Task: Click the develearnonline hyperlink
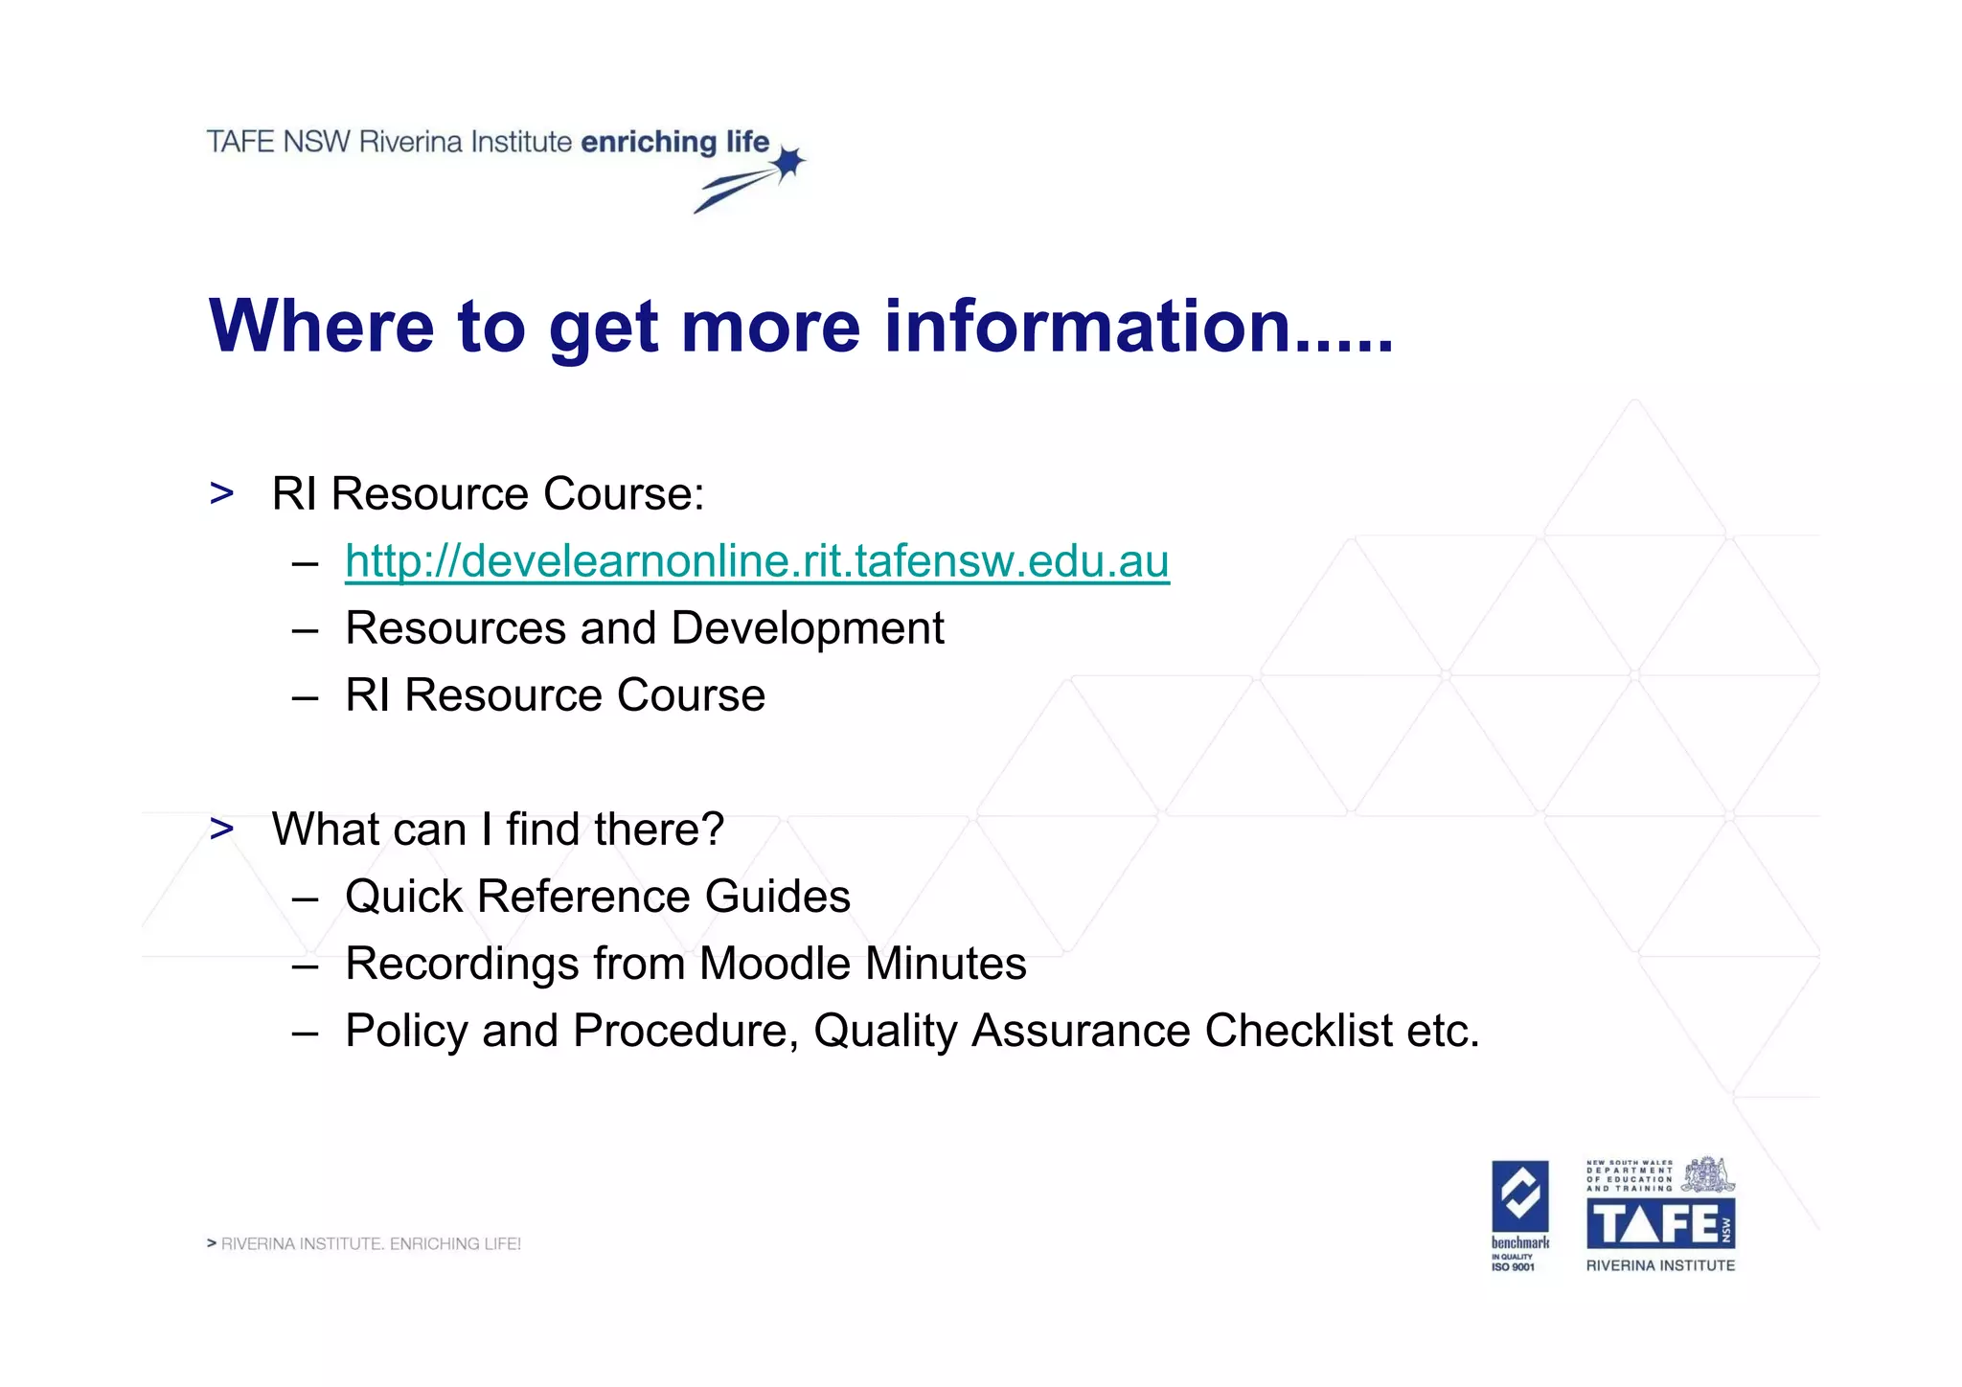point(757,561)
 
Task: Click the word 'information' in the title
point(1087,327)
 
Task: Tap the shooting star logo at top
point(752,179)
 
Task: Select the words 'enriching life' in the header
point(675,142)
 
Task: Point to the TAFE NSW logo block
point(1660,1224)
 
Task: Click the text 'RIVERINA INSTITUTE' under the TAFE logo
point(1660,1265)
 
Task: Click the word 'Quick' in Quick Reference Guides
point(404,898)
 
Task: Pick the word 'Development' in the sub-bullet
point(808,629)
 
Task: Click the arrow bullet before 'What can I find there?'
point(222,829)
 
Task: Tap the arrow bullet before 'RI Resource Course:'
point(222,493)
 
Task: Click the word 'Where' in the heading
point(321,327)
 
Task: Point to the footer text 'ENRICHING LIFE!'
point(455,1244)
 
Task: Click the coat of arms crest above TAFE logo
point(1709,1174)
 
